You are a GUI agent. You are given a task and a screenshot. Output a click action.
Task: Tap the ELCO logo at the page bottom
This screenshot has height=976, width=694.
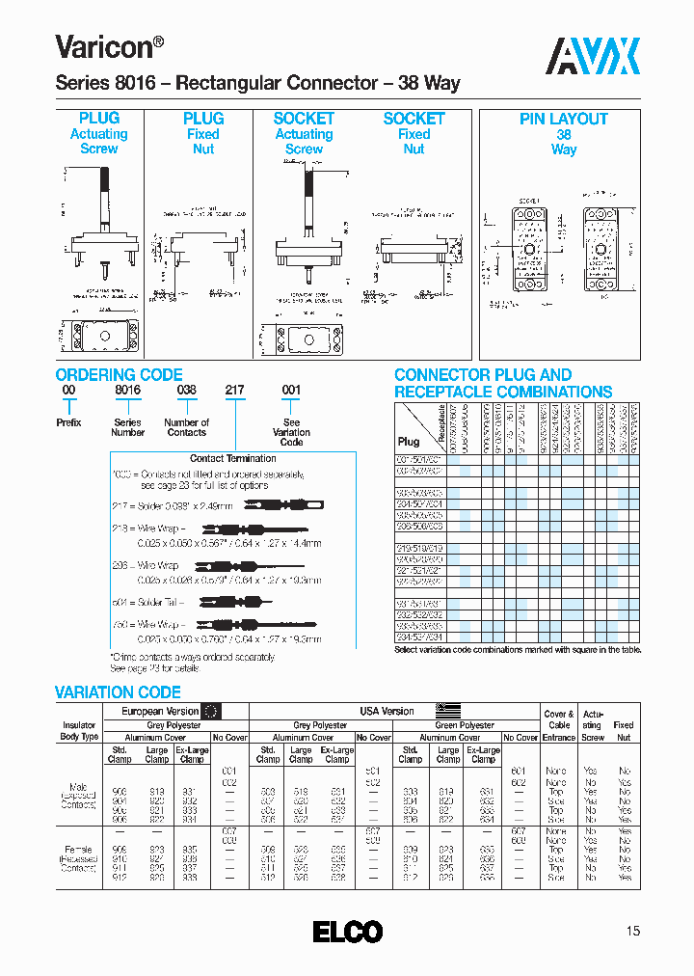click(x=347, y=932)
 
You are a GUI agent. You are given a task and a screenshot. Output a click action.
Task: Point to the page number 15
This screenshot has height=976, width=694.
click(x=632, y=931)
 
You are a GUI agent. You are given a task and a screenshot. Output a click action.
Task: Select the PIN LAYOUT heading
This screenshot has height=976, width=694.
click(x=564, y=119)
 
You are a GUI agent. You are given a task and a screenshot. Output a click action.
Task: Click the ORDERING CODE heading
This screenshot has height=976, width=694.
click(x=119, y=375)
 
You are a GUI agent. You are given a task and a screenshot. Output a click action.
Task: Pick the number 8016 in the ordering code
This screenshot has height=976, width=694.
click(x=127, y=391)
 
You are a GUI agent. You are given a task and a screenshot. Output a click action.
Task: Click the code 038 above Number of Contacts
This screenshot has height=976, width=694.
click(x=186, y=391)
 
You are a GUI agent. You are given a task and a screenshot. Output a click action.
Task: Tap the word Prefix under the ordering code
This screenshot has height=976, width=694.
click(x=68, y=422)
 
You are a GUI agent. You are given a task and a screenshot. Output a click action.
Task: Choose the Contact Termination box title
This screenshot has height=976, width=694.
click(x=232, y=458)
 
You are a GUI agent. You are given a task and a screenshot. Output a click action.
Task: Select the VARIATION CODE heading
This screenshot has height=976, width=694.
click(x=118, y=692)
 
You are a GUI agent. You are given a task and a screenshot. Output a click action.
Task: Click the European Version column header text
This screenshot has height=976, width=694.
click(x=160, y=711)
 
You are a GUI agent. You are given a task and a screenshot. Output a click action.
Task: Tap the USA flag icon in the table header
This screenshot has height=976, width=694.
click(x=448, y=711)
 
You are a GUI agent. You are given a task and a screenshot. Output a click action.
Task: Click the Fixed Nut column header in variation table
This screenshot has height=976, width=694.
click(x=624, y=730)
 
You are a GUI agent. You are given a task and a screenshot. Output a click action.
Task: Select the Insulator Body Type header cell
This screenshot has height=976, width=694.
click(x=79, y=730)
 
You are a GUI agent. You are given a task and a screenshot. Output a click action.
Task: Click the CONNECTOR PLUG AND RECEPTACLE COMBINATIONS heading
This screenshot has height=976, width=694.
click(x=502, y=383)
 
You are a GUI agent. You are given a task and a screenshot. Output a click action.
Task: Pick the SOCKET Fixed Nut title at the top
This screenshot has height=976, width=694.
click(x=414, y=133)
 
